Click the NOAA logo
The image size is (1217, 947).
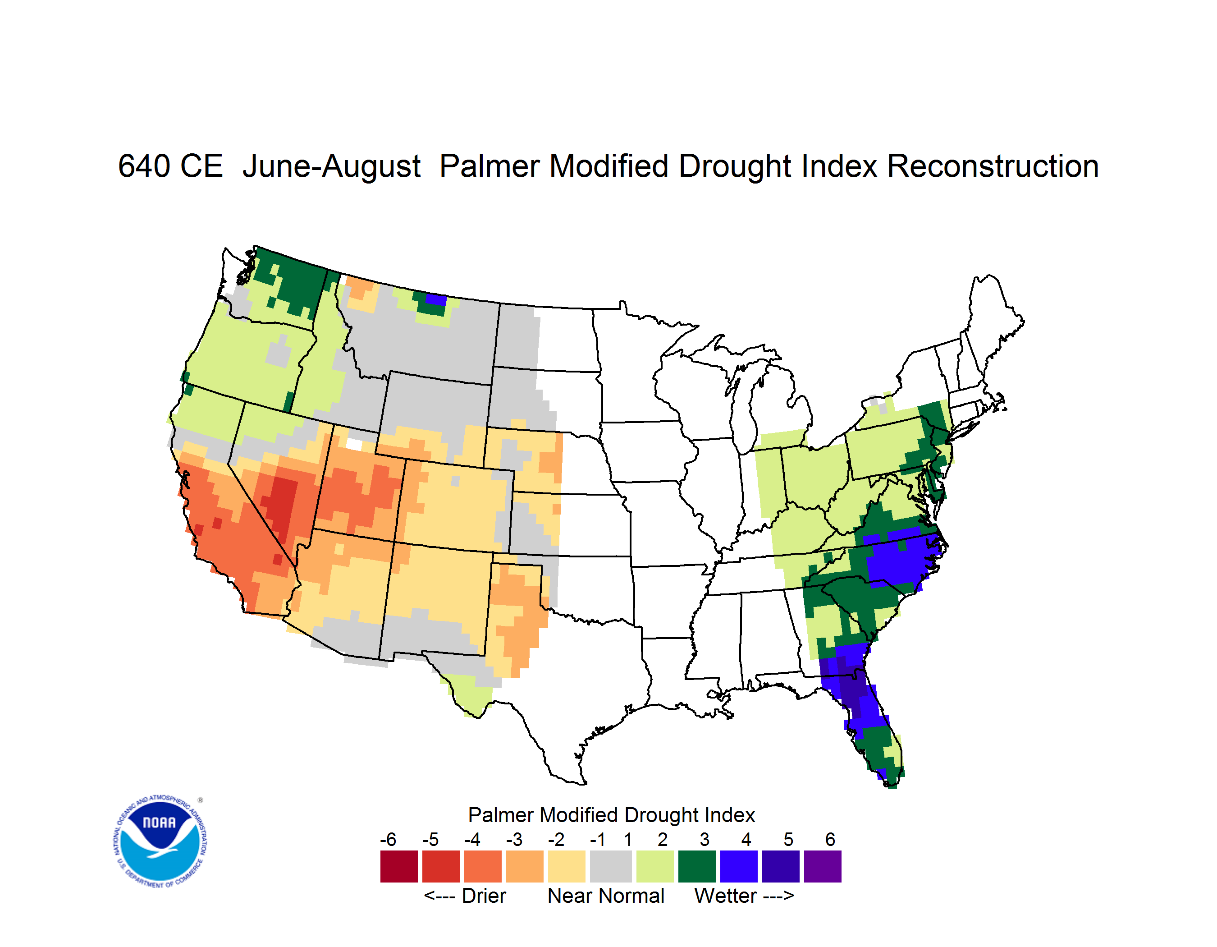click(x=160, y=841)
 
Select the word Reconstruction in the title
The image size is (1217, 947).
click(x=993, y=166)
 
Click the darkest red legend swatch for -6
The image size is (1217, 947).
click(x=399, y=866)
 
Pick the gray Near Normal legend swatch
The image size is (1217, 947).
click(x=611, y=866)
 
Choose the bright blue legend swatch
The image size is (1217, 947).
click(x=739, y=866)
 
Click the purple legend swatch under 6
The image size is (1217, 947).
click(x=823, y=866)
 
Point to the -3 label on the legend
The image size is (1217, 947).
click(x=514, y=839)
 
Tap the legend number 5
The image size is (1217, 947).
click(x=788, y=839)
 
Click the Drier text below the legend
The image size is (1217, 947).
click(x=484, y=896)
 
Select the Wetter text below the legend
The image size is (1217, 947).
click(x=726, y=896)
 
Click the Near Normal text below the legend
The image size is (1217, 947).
click(x=606, y=896)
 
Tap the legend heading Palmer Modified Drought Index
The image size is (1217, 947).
click(x=611, y=815)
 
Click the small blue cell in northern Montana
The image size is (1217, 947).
click(x=436, y=299)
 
